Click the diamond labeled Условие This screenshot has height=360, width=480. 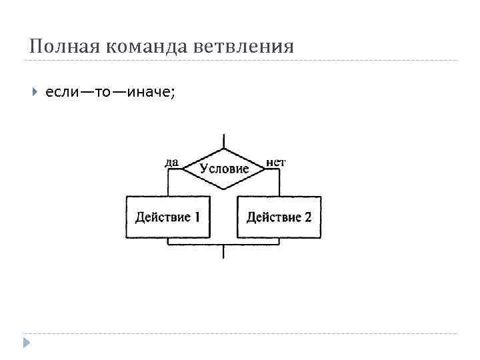coord(224,167)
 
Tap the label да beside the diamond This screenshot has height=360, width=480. coord(171,161)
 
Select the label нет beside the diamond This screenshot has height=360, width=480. coord(276,161)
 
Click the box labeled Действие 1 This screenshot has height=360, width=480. coord(168,217)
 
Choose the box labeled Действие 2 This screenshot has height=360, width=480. coord(279,217)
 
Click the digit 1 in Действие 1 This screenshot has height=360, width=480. coord(197,217)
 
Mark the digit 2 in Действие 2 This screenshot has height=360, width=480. coord(307,217)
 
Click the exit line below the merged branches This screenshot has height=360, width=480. coord(224,253)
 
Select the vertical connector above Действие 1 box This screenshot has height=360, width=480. coord(168,183)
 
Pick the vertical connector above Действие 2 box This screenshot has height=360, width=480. coord(279,183)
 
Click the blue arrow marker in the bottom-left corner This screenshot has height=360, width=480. coord(26,343)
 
